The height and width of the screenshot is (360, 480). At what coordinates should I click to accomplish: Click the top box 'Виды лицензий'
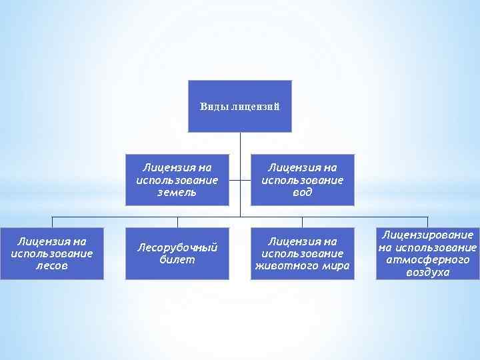(240, 106)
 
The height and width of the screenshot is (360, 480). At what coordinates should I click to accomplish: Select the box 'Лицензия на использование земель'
(177, 180)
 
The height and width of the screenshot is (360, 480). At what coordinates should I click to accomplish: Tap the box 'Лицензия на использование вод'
(302, 180)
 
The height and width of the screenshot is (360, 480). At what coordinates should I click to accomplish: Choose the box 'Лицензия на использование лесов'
(52, 253)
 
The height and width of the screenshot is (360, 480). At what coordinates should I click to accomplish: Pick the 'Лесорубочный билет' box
(177, 253)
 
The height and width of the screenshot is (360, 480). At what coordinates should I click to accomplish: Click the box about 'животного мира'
(302, 253)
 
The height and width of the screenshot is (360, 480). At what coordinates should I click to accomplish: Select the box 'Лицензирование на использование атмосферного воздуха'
(427, 253)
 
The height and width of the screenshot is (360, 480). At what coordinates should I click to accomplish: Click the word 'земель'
(177, 193)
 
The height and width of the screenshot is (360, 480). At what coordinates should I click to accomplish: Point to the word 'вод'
(303, 193)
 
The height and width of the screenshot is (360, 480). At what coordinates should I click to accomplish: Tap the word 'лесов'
(52, 266)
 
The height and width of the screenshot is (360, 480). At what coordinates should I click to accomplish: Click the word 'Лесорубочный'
(177, 247)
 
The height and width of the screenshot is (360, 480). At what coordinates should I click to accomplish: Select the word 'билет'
(177, 260)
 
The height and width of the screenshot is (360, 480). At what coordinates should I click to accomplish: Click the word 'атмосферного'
(427, 259)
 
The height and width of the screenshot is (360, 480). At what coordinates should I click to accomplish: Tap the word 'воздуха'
(427, 272)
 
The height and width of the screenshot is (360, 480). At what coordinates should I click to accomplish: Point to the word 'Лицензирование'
(427, 235)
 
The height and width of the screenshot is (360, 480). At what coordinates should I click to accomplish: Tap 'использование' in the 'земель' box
(177, 180)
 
